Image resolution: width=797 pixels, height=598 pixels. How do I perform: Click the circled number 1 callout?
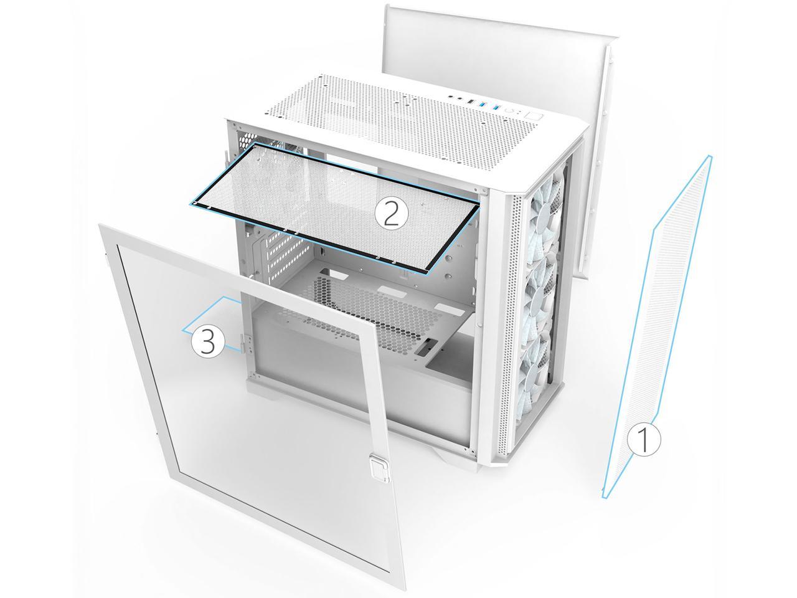pos(644,440)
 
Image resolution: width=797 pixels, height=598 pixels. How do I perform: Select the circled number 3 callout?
pos(208,342)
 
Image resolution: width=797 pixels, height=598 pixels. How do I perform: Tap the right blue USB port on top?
pos(496,108)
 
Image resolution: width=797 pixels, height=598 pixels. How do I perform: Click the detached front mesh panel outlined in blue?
pos(657,327)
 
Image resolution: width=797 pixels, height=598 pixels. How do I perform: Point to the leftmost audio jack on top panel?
pos(452,97)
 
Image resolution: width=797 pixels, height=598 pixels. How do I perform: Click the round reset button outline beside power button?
pos(512,112)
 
